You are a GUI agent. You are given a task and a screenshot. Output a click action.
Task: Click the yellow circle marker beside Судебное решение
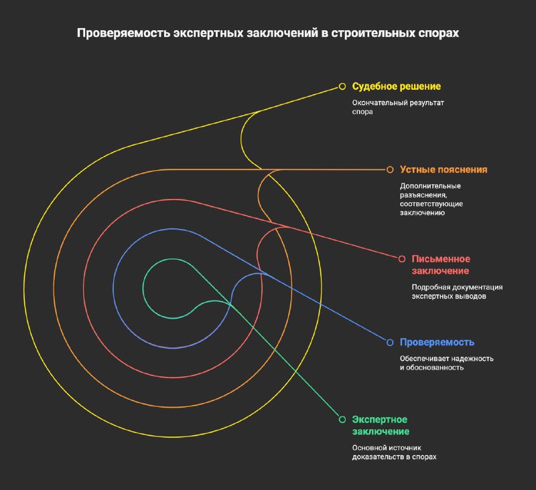point(342,86)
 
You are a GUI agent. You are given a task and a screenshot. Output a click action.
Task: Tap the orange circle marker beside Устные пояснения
point(390,170)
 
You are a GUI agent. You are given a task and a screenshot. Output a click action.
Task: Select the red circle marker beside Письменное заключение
point(401,259)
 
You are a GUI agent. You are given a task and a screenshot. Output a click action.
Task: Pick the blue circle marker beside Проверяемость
point(390,342)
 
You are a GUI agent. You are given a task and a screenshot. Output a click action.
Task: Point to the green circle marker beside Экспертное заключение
point(342,419)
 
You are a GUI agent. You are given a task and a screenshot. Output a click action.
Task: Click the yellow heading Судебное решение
point(397,86)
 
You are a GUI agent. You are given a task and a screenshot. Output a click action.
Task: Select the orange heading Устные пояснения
point(444,170)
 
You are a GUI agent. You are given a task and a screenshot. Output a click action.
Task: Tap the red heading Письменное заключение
point(441,265)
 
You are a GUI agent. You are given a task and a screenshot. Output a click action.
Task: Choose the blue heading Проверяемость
point(438,342)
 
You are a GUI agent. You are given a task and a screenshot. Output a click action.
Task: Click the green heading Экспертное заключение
point(381,426)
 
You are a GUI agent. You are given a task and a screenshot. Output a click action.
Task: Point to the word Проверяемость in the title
point(123,33)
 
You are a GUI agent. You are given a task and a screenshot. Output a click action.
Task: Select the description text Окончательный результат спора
point(398,107)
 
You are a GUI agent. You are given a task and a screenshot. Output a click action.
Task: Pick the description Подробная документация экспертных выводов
point(457,292)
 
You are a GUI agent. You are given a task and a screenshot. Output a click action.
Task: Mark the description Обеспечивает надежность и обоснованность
point(447,363)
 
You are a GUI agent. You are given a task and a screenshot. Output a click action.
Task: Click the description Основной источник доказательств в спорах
point(395,452)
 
